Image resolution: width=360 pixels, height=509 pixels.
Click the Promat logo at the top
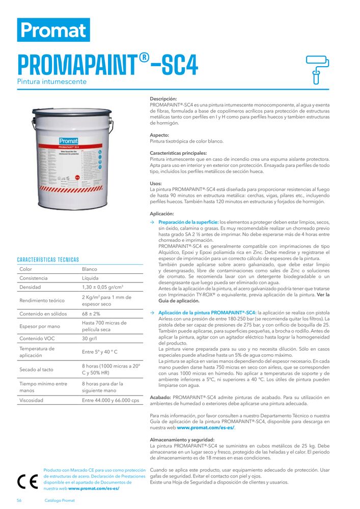tap(53, 30)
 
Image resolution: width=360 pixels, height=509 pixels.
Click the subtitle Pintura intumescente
tap(52, 81)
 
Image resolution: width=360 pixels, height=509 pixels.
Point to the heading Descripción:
tap(163, 99)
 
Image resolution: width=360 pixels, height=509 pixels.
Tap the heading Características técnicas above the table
tap(48, 260)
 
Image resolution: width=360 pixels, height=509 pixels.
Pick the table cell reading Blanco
tap(90, 269)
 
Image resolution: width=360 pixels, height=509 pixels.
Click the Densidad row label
tap(31, 288)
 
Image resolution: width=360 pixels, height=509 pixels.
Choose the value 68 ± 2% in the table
tap(91, 314)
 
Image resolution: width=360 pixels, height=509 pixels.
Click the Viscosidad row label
tap(32, 400)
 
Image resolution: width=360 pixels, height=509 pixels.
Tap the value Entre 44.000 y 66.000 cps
tap(110, 400)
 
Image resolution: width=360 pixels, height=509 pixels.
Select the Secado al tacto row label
tap(37, 370)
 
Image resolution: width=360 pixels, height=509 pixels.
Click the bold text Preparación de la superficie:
tap(188, 222)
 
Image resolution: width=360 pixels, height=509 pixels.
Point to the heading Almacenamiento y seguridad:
tap(182, 439)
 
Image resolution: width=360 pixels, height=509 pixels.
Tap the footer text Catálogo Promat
tap(60, 500)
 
